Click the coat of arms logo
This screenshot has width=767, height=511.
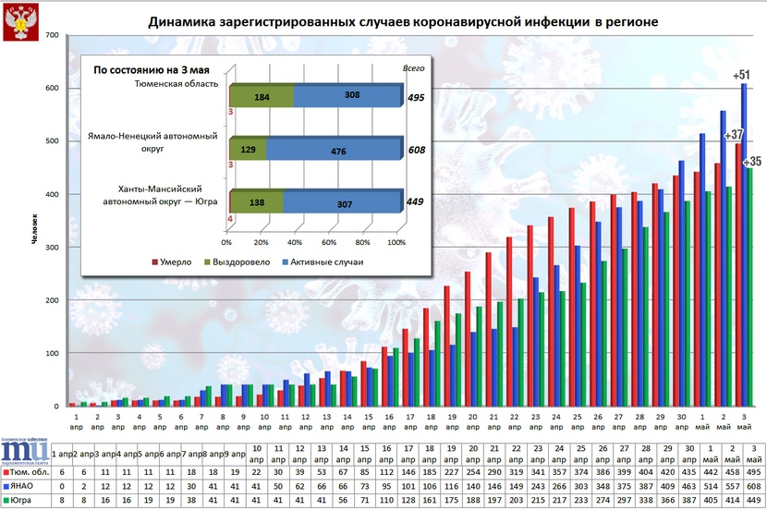19,22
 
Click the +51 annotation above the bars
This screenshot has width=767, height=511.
740,75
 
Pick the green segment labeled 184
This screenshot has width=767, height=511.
262,96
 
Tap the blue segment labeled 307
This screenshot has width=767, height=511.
339,201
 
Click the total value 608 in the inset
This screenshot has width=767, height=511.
416,149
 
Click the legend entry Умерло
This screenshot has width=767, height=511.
171,262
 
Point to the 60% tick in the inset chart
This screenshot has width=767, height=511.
328,243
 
